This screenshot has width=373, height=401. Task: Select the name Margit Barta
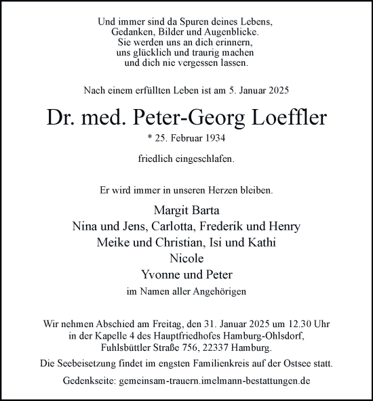tap(186, 210)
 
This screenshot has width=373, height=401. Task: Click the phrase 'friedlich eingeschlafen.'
tap(186, 160)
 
